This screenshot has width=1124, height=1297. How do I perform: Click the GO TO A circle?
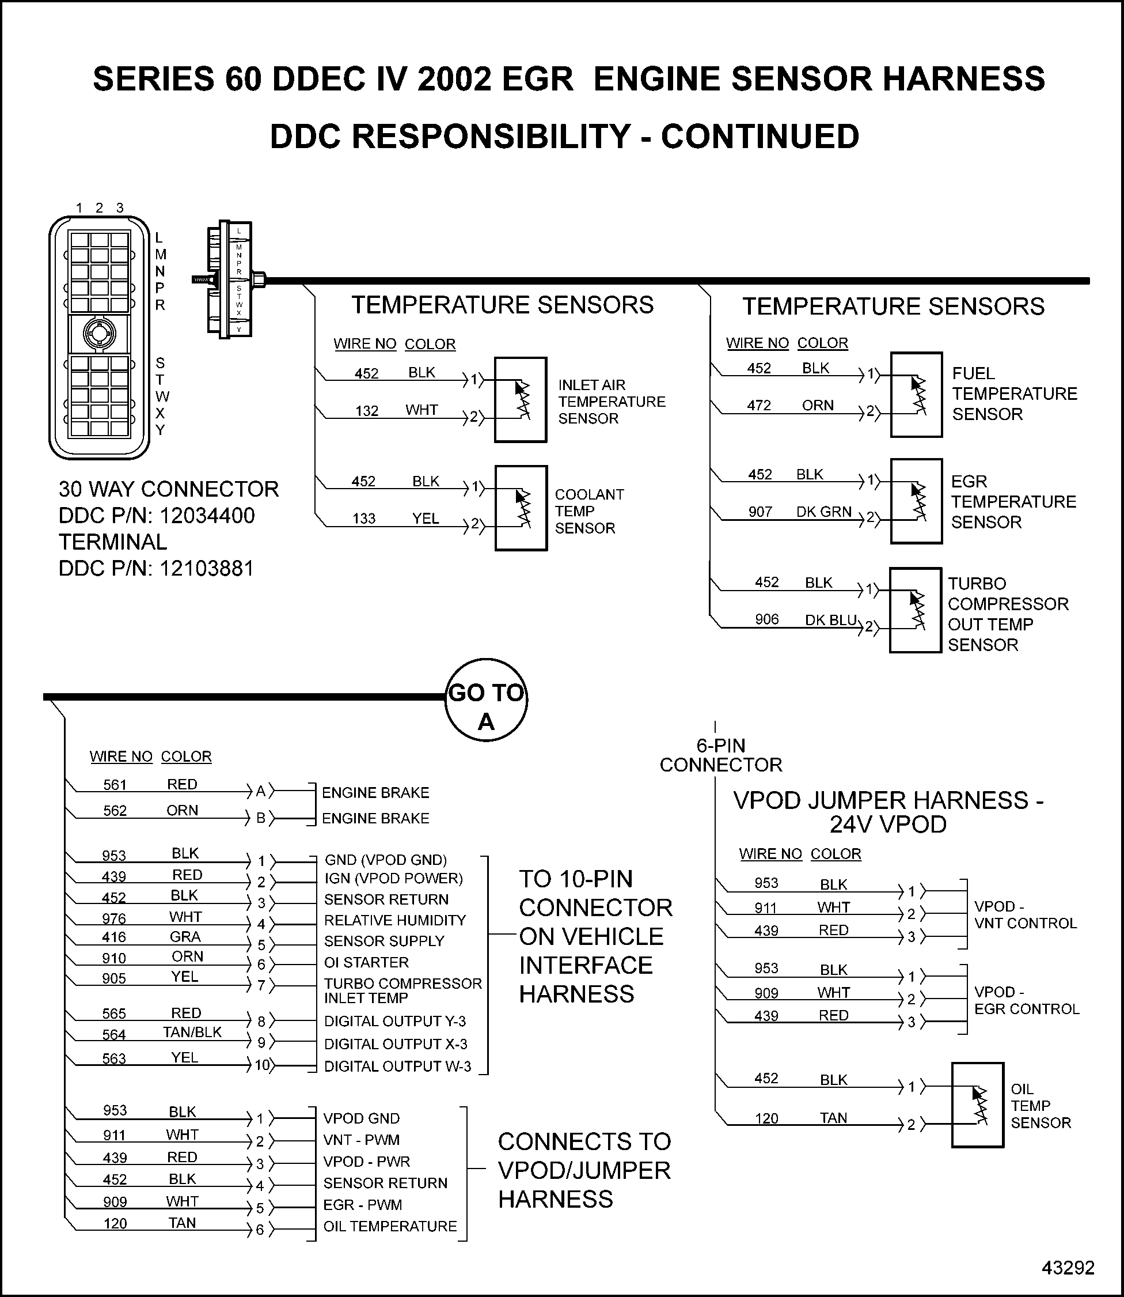486,700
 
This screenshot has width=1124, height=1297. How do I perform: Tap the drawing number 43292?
1068,1263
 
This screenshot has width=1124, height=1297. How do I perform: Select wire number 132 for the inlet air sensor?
367,411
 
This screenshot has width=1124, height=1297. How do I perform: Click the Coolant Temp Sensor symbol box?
521,508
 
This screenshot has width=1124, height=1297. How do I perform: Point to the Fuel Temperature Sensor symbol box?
916,395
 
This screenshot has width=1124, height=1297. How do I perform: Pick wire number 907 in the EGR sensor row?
760,512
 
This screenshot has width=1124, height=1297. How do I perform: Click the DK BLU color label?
830,620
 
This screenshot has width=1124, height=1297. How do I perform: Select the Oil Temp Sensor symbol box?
977,1105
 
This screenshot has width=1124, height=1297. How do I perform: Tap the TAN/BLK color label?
192,1032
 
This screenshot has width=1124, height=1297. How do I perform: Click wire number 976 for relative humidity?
114,918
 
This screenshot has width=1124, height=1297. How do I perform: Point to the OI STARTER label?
366,962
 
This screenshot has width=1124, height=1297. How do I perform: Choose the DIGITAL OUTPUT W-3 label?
397,1066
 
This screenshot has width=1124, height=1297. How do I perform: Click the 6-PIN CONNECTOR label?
721,755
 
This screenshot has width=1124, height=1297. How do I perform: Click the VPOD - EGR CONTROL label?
1026,1000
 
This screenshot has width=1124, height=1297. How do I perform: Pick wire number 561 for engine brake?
115,785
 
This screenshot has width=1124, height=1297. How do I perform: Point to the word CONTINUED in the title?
760,137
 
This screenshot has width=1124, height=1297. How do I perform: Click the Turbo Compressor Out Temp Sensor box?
915,611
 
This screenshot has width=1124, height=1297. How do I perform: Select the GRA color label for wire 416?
185,937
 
